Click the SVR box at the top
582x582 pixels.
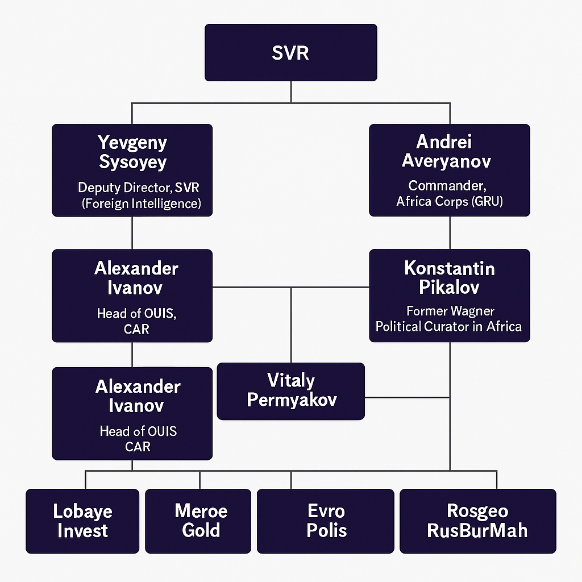[x=290, y=52]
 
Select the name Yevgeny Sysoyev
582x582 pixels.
[x=132, y=152]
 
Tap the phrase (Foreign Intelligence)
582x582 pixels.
[x=141, y=203]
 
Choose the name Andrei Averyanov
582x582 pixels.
[x=446, y=151]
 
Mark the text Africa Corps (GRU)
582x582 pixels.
[x=449, y=201]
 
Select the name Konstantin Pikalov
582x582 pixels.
[x=449, y=277]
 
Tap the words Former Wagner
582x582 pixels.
[x=450, y=311]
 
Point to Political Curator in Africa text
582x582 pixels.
[x=448, y=326]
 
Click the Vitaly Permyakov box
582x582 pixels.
[x=290, y=390]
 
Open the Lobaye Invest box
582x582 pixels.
[x=82, y=521]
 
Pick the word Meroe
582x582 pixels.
[x=201, y=511]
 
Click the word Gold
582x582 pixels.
[x=201, y=530]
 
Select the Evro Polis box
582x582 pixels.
[x=326, y=521]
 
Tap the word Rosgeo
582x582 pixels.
[x=477, y=511]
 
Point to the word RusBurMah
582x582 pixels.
[x=477, y=530]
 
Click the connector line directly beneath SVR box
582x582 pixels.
[x=291, y=92]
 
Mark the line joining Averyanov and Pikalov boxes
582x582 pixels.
[x=450, y=233]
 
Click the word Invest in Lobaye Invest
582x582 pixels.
[x=82, y=530]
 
